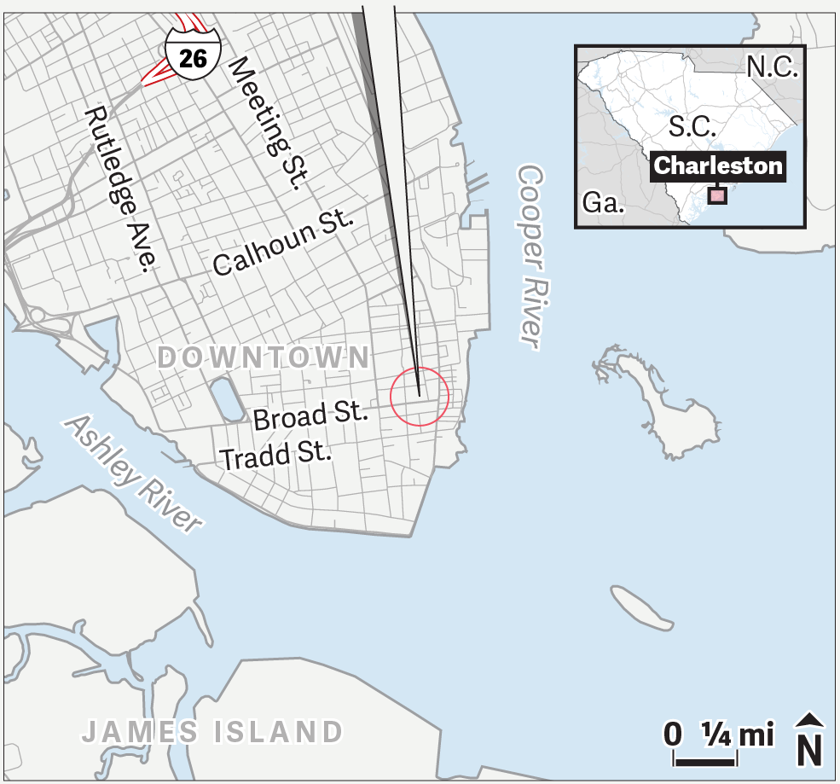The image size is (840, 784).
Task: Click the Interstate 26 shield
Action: pos(194,53)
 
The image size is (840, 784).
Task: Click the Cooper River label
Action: pos(530,255)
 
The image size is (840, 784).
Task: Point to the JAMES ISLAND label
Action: pos(212,731)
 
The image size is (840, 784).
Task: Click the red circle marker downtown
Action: pos(420,397)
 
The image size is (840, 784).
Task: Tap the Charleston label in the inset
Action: pos(718,166)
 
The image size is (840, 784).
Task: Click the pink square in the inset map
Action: pos(717,196)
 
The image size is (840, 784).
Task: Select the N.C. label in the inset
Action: pos(772,67)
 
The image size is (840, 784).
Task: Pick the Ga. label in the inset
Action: pos(604,203)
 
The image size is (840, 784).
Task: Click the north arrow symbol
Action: pos(809,740)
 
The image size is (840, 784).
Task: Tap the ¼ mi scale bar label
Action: pos(737,734)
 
